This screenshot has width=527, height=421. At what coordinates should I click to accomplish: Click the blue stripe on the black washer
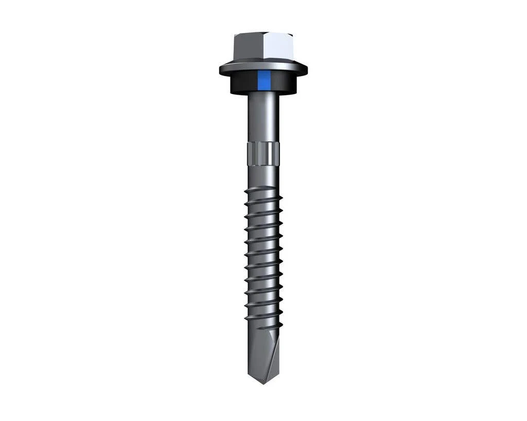tap(264, 80)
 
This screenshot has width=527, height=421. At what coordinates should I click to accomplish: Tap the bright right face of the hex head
tap(278, 47)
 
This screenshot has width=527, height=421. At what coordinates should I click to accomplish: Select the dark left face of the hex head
tap(248, 47)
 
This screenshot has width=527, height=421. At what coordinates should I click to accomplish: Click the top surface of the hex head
tap(263, 34)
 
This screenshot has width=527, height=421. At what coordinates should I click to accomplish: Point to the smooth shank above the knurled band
tap(263, 118)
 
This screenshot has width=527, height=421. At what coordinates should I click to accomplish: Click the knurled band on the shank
tap(263, 154)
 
